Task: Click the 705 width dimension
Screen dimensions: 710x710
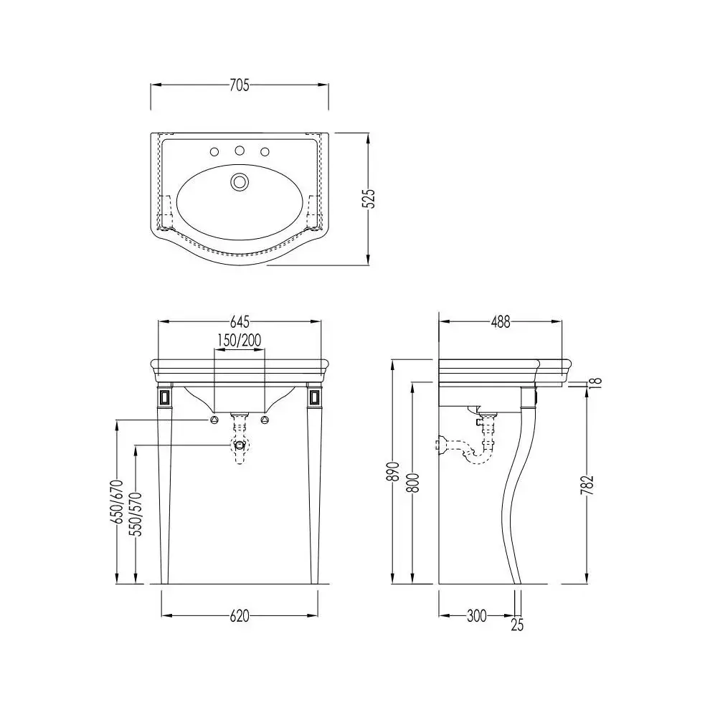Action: (240, 85)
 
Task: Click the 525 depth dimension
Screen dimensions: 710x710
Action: (370, 199)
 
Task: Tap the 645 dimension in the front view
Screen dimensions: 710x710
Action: (240, 322)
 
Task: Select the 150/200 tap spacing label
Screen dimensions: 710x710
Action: (240, 340)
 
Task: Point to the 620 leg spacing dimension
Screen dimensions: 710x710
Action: (240, 616)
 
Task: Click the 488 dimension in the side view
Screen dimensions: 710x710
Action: (501, 322)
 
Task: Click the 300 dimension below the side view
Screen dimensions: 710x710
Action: (476, 616)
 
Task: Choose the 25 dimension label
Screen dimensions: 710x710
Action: (517, 625)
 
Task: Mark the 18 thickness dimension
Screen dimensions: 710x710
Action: (597, 382)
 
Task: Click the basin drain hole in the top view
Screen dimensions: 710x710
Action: (240, 181)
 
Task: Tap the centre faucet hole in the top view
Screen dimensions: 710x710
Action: (240, 151)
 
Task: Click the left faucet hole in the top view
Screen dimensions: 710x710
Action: (214, 151)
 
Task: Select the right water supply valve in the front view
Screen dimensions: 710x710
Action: (265, 420)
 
